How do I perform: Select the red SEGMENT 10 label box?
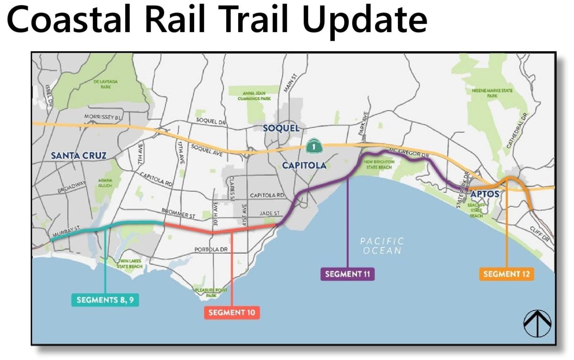tap(232, 313)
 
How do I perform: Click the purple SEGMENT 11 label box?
tap(347, 274)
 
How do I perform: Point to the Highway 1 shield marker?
tap(312, 147)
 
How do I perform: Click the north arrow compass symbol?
tap(537, 324)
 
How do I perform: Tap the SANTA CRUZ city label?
tap(78, 155)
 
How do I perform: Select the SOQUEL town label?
tap(281, 128)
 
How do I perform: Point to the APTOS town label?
tap(485, 194)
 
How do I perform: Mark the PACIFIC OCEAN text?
tap(382, 246)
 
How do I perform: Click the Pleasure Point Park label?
tap(206, 293)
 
